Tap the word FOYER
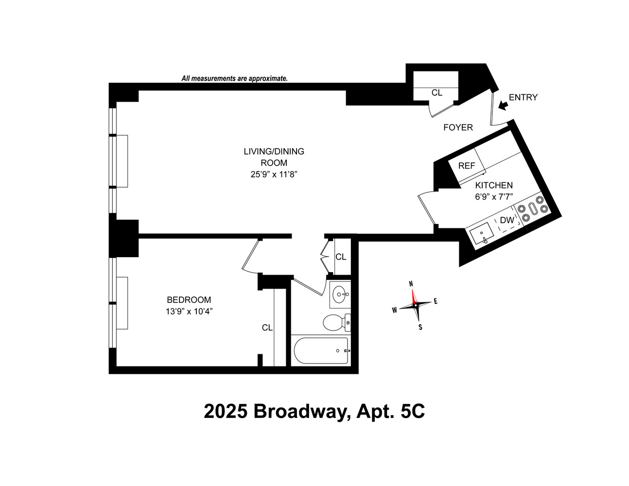[458, 127]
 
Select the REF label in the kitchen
[467, 166]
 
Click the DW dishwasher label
[507, 220]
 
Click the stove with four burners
[532, 209]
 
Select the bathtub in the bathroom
[321, 351]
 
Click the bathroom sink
[340, 294]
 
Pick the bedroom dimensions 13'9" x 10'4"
[189, 312]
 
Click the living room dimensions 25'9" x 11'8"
[274, 174]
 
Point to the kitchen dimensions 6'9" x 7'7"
[494, 197]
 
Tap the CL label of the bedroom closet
[267, 328]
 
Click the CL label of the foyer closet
[437, 92]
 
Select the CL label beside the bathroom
[341, 257]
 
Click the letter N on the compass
[411, 284]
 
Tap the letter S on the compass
[420, 327]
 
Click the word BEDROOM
[189, 300]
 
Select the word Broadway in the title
[299, 412]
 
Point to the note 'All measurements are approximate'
[234, 78]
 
